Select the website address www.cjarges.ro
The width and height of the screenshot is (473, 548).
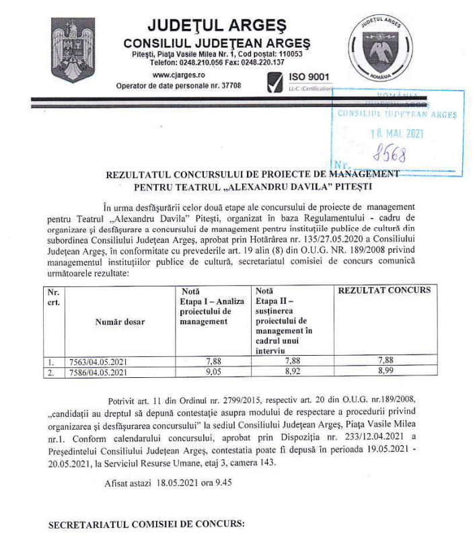click(179, 75)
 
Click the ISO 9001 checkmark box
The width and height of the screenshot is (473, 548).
click(275, 83)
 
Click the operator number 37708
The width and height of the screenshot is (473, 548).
click(229, 85)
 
